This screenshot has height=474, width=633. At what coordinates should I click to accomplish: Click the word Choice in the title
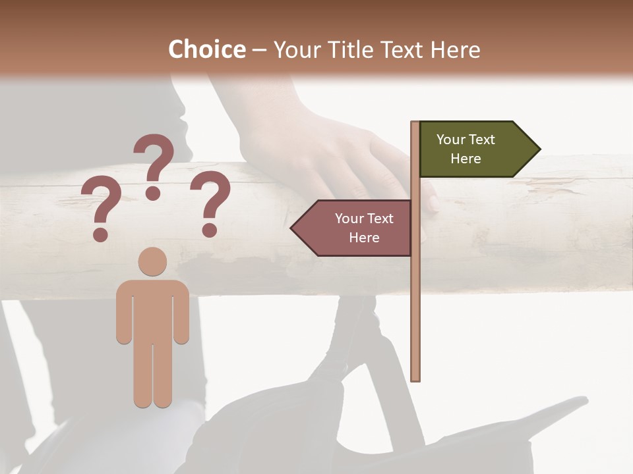coord(206,49)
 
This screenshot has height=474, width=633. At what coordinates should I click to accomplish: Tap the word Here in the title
coord(455,49)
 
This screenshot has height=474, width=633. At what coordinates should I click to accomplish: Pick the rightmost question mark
coord(210,201)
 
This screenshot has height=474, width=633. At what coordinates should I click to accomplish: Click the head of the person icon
coord(152,261)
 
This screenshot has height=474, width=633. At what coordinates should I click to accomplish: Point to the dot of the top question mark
coord(153,193)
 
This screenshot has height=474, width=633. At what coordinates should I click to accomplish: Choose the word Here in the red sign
coord(364,238)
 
